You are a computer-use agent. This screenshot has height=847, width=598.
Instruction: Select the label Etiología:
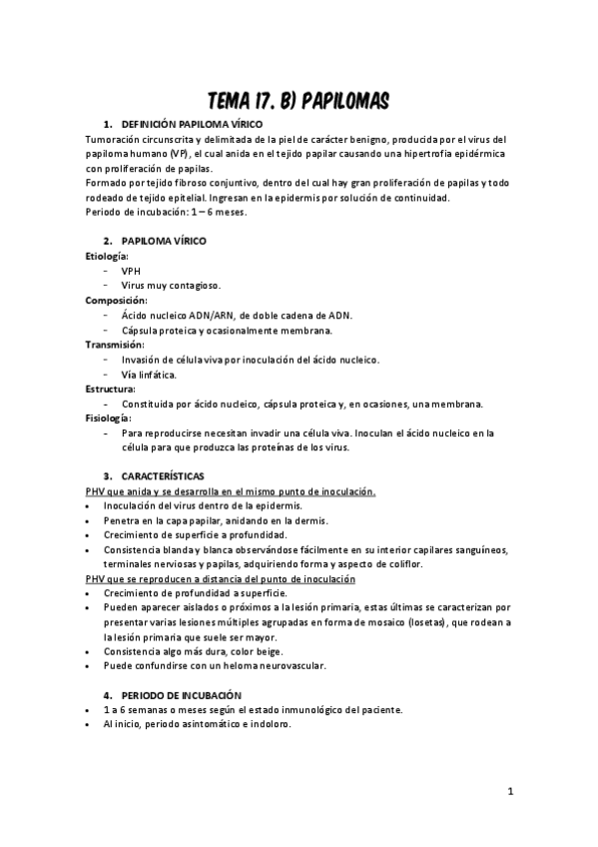pyautogui.click(x=107, y=256)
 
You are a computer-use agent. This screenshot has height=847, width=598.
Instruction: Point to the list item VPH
pyautogui.click(x=132, y=271)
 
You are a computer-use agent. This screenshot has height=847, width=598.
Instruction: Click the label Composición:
pyautogui.click(x=116, y=300)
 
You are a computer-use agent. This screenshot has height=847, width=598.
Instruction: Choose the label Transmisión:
pyautogui.click(x=115, y=345)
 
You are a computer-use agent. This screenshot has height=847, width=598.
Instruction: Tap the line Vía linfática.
pyautogui.click(x=149, y=375)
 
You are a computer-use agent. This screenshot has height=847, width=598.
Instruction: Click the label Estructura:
pyautogui.click(x=112, y=389)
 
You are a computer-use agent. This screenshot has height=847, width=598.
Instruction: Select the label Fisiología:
pyautogui.click(x=109, y=419)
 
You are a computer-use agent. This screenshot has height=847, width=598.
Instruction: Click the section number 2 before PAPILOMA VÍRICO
pyautogui.click(x=107, y=241)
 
